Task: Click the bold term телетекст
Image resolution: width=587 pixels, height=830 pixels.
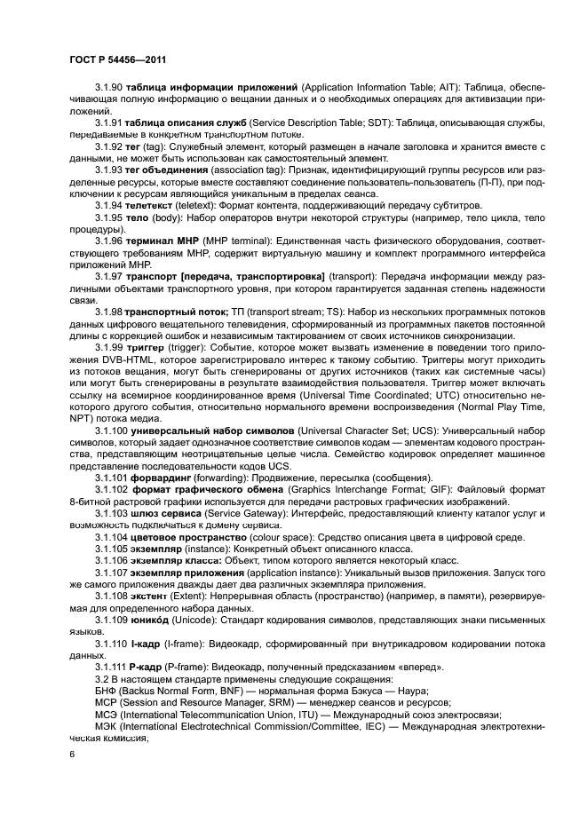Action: tap(150, 204)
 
